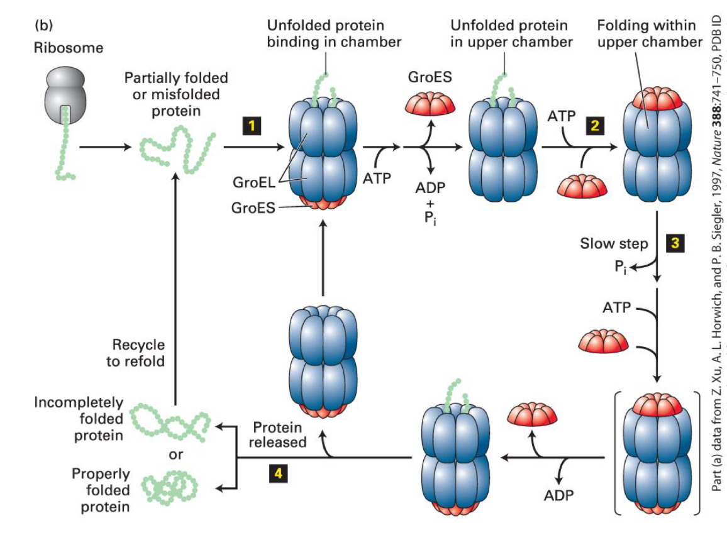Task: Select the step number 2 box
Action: tap(593, 126)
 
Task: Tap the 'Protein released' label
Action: tap(277, 434)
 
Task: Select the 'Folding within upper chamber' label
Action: tap(650, 33)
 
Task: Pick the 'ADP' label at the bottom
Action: tap(559, 495)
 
